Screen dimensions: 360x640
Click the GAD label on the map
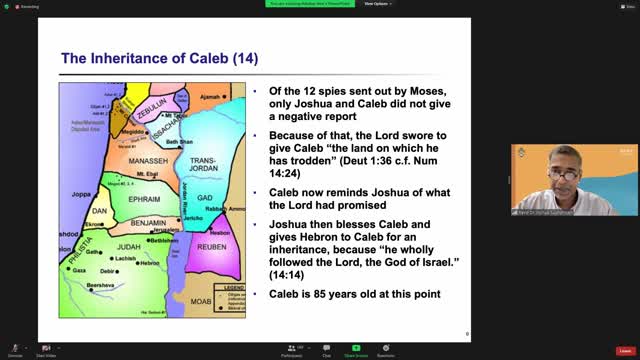(205, 198)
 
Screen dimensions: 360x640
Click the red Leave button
(625, 351)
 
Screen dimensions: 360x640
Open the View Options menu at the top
(376, 4)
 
